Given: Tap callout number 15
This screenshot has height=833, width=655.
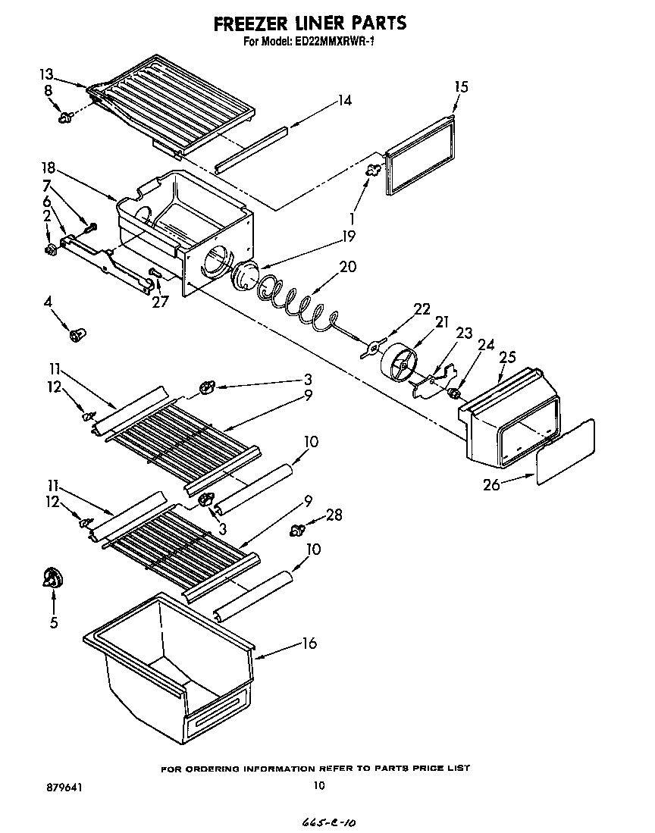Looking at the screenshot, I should tap(460, 86).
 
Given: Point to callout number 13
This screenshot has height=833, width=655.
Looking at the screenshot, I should tap(47, 74).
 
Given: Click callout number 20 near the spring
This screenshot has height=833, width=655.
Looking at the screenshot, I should tap(347, 266).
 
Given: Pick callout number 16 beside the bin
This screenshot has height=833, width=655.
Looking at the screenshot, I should tap(309, 644).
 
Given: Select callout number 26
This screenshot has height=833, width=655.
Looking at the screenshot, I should tap(491, 484).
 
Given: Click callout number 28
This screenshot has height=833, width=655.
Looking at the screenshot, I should tap(333, 515).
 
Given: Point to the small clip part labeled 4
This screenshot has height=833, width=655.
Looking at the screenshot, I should tap(77, 334).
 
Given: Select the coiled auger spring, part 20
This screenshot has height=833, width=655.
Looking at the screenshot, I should tap(296, 302).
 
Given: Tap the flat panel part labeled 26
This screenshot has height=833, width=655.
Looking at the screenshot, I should tap(566, 453).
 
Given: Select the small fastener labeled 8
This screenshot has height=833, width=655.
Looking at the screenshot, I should tap(65, 117).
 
